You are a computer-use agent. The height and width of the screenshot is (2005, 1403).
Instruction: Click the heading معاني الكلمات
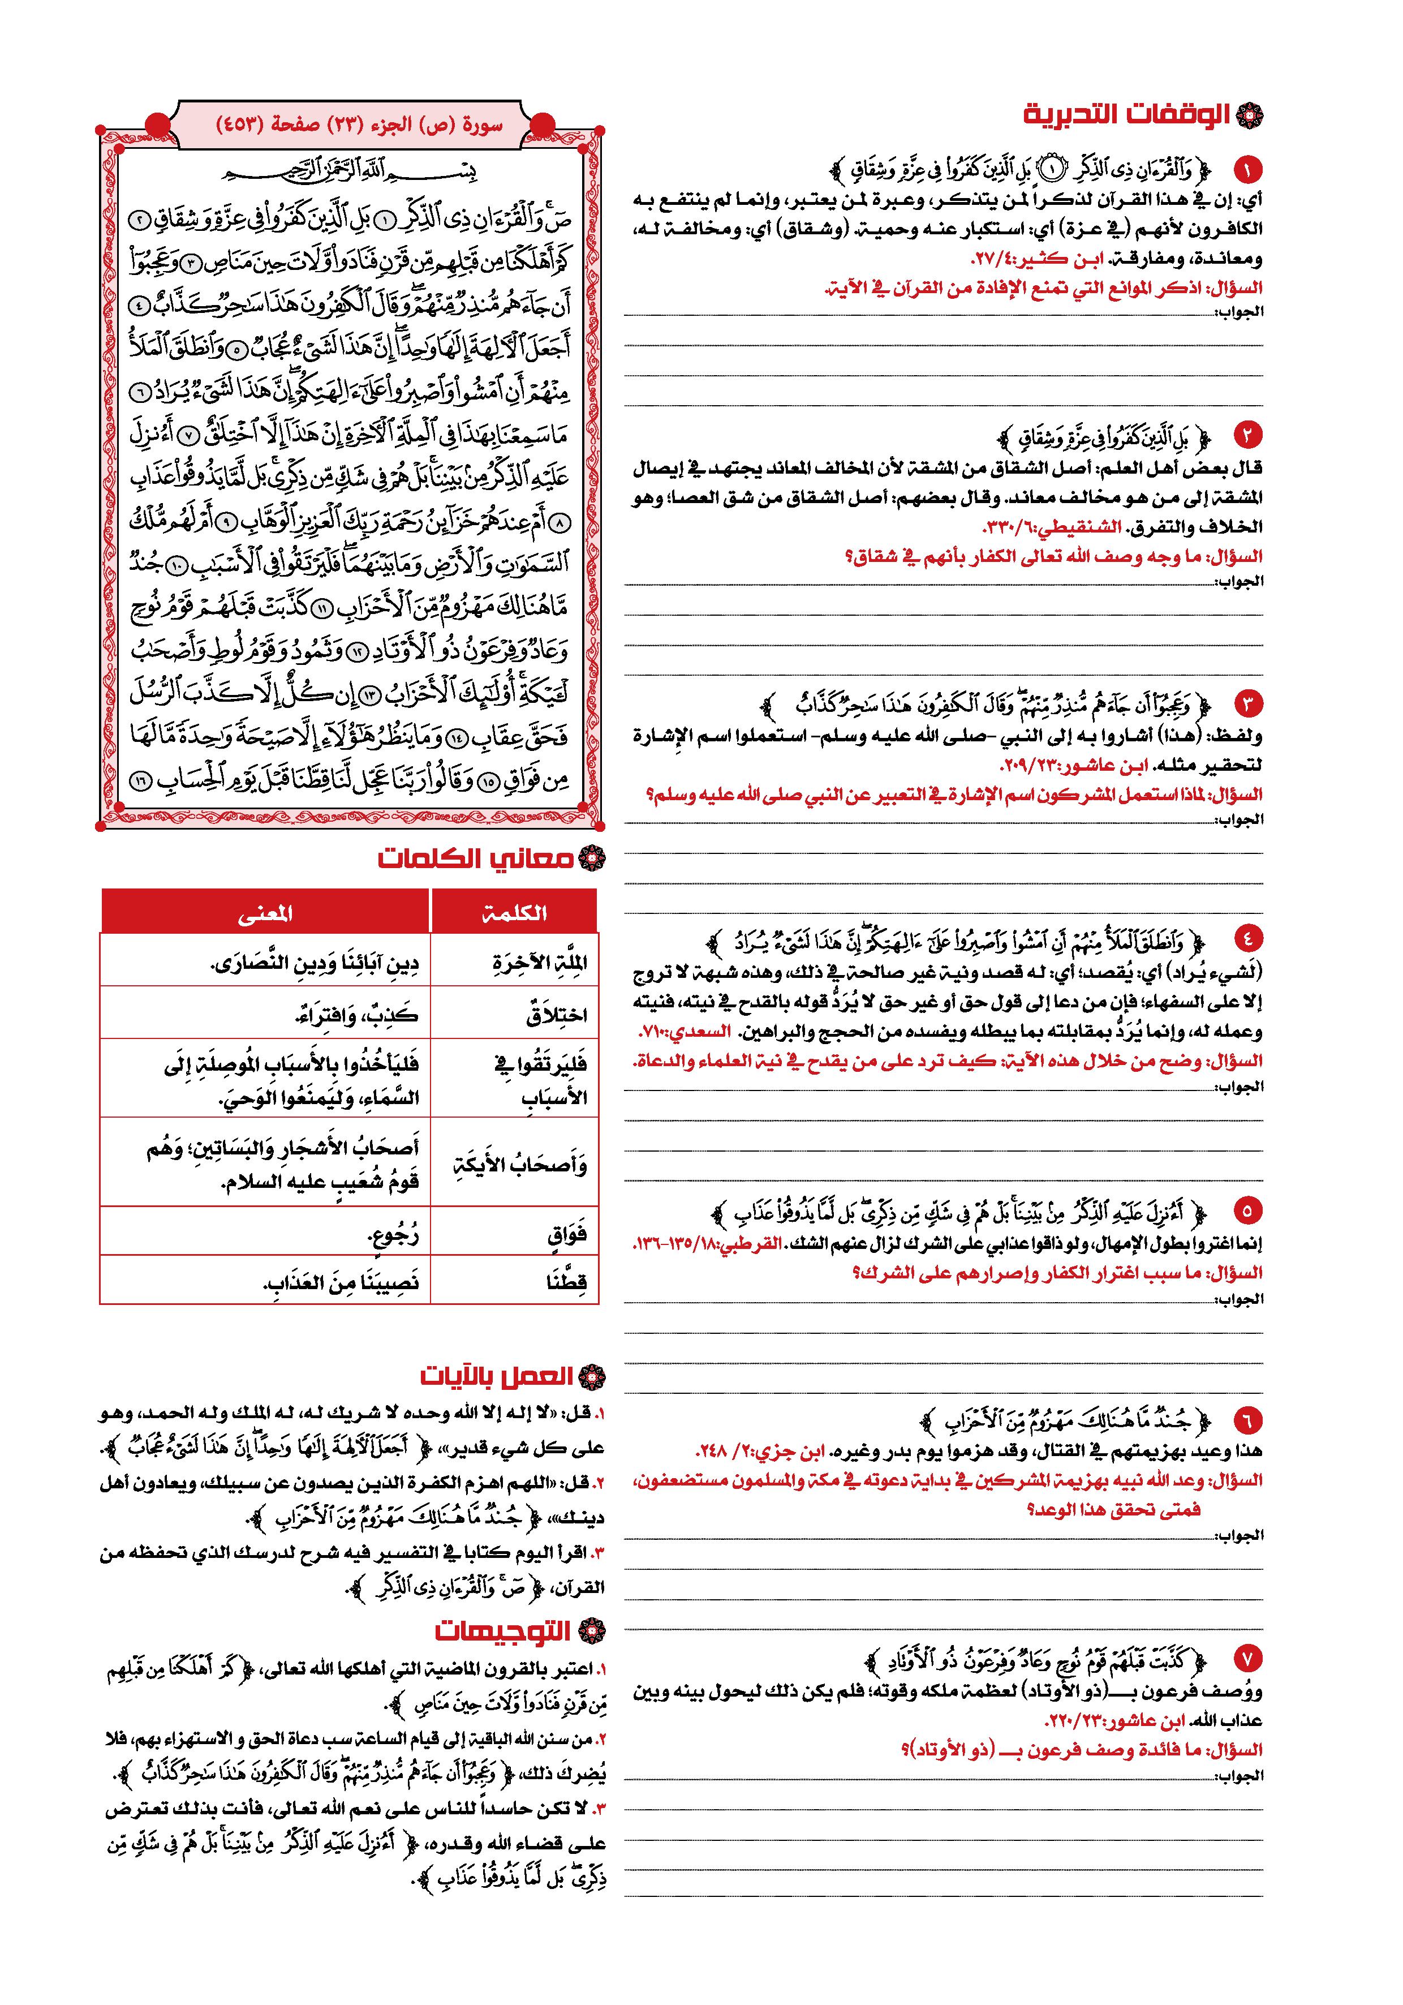tap(476, 858)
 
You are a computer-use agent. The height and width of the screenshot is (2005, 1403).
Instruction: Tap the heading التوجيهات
tap(503, 1630)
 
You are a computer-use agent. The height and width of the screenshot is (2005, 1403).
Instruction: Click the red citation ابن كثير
tap(1039, 259)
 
